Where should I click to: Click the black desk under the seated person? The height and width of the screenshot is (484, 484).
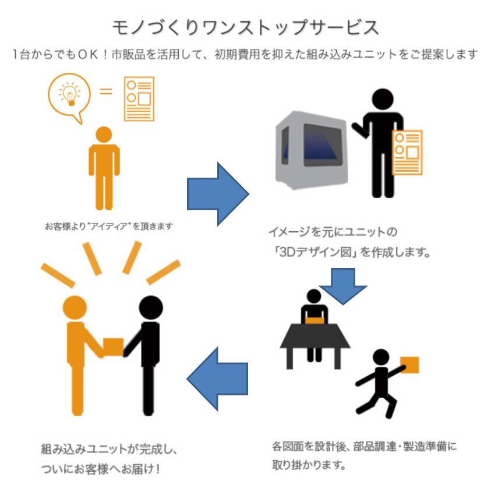pos(315,337)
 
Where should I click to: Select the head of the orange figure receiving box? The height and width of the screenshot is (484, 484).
pos(75,307)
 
